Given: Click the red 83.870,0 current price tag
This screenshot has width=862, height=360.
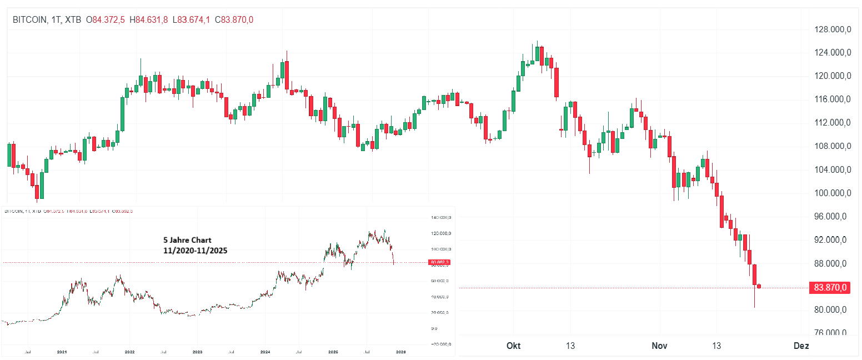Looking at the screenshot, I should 829,288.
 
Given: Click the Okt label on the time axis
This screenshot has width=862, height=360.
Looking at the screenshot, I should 514,346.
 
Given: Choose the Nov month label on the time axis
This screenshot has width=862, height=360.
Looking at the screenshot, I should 659,346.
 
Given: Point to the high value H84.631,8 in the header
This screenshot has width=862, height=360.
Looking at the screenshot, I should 148,20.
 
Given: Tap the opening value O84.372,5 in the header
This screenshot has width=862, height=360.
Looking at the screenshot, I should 105,20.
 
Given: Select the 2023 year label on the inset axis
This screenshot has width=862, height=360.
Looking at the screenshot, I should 197,352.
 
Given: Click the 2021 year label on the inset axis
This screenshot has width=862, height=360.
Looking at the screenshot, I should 62,352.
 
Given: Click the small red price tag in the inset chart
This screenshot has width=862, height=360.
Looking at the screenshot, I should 440,262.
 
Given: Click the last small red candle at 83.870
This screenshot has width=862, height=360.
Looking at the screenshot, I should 759,286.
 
